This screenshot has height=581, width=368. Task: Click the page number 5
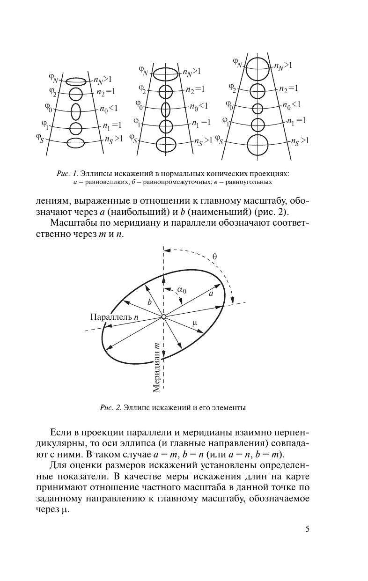(x=307, y=529)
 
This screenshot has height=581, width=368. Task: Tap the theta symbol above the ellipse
(x=214, y=256)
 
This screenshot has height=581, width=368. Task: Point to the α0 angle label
(x=182, y=290)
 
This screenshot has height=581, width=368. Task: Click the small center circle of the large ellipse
(x=164, y=317)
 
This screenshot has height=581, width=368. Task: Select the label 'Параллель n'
(x=114, y=317)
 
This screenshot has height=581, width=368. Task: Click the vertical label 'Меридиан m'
(x=157, y=367)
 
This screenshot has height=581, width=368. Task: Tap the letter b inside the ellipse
(x=149, y=302)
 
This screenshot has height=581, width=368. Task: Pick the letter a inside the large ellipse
(x=211, y=294)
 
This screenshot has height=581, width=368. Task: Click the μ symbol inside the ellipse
(x=195, y=323)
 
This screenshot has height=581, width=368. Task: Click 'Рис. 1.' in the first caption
(x=66, y=174)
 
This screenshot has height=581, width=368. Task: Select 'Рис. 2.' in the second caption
(x=110, y=408)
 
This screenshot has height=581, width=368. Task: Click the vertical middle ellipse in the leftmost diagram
(x=76, y=111)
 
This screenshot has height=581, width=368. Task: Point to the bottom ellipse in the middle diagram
(x=166, y=145)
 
